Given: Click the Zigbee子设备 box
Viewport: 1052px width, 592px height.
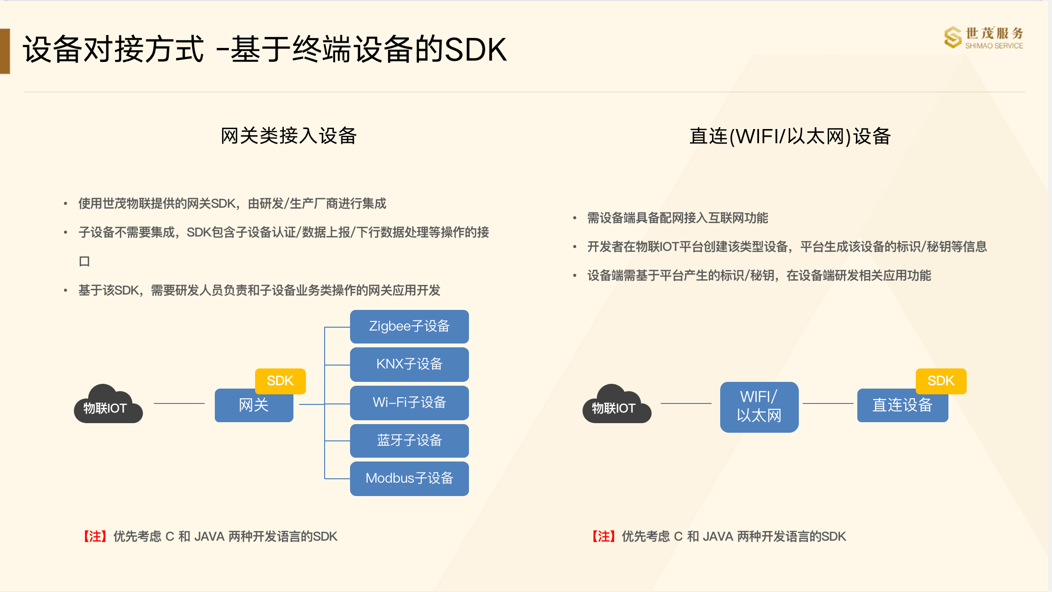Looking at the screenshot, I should coord(409,326).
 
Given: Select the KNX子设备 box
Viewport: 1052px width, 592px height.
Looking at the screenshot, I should coord(409,364).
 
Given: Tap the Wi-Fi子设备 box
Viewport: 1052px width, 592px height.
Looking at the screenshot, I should coord(409,403).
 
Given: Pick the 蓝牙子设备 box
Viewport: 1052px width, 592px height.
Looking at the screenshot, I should coord(409,440).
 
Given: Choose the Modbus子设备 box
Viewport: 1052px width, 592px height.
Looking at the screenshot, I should coord(409,478).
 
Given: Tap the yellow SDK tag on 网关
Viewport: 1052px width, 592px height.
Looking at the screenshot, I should coord(280,381).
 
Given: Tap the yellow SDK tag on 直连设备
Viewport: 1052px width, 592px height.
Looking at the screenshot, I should coord(941,381).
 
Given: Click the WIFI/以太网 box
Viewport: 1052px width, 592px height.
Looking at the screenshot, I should coord(759,407).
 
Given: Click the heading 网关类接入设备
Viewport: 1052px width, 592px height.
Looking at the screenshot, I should coord(289,136).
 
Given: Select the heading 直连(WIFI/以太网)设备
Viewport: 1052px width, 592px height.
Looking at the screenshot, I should coord(790,136).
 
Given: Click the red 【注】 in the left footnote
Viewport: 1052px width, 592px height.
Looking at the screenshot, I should coord(95,536).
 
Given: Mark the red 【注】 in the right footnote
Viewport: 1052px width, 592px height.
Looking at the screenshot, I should coord(604,536).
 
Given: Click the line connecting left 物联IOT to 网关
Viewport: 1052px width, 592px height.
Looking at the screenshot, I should coord(179,403).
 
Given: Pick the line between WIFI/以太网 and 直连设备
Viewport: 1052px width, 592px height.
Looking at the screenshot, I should coord(828,403).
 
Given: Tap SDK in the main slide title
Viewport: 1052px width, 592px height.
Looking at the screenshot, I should coord(475,49).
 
